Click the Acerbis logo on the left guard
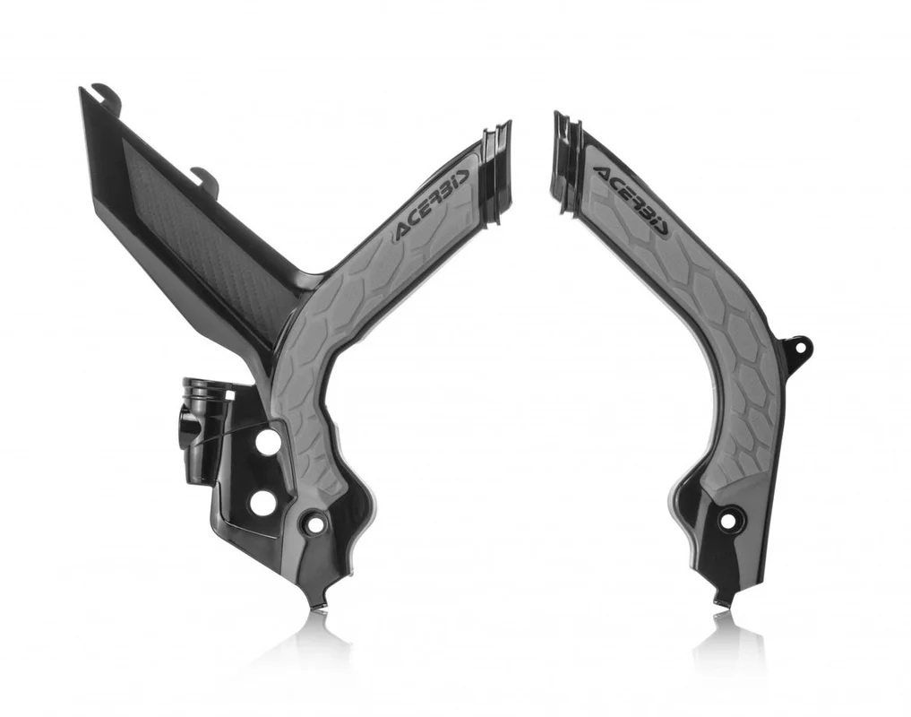(432, 205)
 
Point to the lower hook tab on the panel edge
(207, 177)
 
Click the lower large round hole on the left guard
(262, 503)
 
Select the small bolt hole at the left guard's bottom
(315, 523)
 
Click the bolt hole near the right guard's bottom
(728, 519)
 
